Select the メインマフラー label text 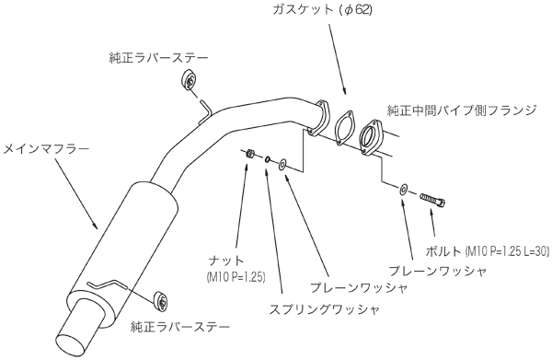pyautogui.click(x=41, y=146)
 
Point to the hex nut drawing pyautogui.click(x=248, y=154)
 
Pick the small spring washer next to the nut pyautogui.click(x=266, y=159)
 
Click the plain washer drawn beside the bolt pyautogui.click(x=403, y=190)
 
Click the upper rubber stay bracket pyautogui.click(x=190, y=81)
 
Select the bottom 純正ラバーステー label pyautogui.click(x=178, y=326)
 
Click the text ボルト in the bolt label pyautogui.click(x=445, y=250)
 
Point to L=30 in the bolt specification pyautogui.click(x=531, y=250)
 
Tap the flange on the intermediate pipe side pyautogui.click(x=374, y=135)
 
